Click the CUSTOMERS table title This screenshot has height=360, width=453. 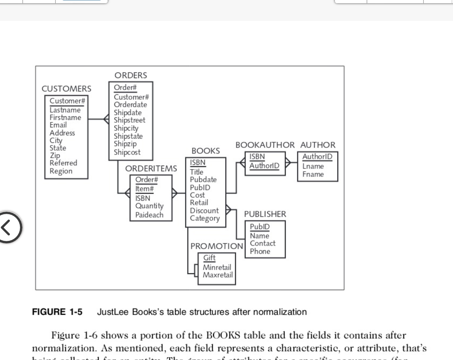67,89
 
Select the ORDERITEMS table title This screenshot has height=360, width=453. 151,168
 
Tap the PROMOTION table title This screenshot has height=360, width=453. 216,246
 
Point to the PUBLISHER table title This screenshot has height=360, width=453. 265,214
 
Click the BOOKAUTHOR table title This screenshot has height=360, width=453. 265,145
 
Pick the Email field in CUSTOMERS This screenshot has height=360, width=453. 58,125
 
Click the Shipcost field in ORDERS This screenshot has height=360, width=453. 127,152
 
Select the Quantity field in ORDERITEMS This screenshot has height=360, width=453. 149,206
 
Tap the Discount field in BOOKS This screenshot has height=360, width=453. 204,211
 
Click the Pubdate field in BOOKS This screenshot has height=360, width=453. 203,180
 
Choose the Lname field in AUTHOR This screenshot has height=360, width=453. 313,166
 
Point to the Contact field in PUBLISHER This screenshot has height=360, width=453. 263,243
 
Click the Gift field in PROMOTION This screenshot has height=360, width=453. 209,258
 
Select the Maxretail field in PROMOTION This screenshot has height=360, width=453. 217,275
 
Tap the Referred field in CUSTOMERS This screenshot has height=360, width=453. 63,163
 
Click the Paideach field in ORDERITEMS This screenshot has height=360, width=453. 149,215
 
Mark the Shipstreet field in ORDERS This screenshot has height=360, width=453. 129,120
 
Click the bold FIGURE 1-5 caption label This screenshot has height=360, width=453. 57,312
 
